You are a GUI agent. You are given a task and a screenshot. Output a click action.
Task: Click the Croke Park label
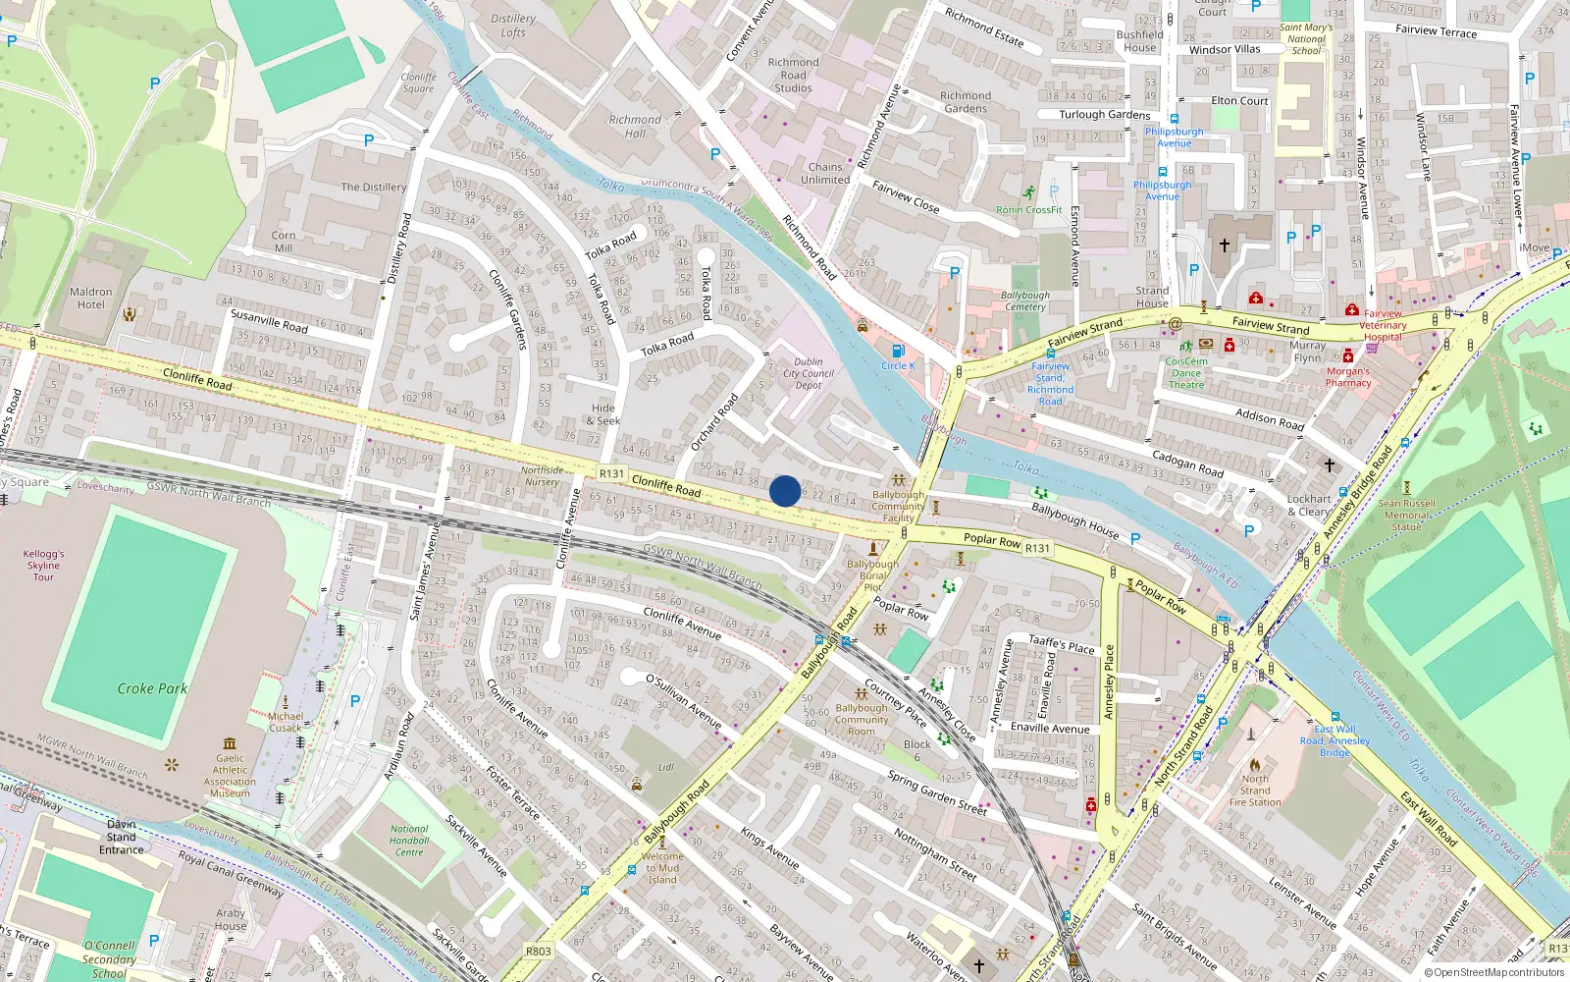[152, 688]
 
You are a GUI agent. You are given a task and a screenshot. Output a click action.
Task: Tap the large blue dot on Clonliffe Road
[785, 491]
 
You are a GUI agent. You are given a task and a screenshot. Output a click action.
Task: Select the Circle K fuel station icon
[898, 351]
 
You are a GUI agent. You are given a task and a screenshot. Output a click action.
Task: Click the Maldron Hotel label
[90, 298]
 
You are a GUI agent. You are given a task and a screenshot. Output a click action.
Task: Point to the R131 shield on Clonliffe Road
[611, 473]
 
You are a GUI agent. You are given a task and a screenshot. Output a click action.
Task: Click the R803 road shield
[538, 951]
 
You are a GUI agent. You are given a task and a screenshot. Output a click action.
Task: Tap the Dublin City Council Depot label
[809, 373]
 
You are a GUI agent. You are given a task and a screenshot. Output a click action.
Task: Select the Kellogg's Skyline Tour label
[43, 566]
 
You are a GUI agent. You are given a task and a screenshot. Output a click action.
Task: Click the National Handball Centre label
[409, 841]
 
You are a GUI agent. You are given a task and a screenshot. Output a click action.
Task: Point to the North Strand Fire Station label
[1255, 791]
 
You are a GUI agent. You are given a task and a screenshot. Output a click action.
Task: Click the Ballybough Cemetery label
[1025, 300]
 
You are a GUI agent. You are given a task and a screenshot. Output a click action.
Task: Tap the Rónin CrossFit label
[1028, 209]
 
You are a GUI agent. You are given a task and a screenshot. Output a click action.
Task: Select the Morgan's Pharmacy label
[1348, 377]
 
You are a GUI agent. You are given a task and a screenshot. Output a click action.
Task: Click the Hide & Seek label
[603, 414]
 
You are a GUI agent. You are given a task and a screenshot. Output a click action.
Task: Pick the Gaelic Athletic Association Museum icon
[230, 743]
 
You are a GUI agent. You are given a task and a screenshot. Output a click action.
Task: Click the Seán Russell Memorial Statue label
[1406, 515]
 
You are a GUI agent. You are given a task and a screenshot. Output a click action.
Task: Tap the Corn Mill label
[283, 242]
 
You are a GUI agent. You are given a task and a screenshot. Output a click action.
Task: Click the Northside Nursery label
[542, 476]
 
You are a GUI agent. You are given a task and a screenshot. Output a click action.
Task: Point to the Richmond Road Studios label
[793, 75]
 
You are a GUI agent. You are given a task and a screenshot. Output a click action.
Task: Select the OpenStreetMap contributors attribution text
[1494, 973]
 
